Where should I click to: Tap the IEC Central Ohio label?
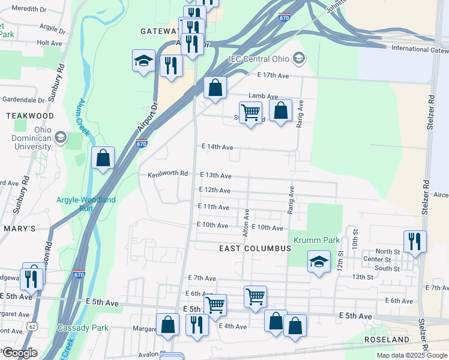pos(259,59)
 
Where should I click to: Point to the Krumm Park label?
pos(316,241)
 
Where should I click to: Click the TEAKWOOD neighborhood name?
pos(29,115)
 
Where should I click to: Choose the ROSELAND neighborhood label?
pos(386,340)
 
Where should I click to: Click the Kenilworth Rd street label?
pos(168,174)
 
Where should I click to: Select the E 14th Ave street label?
pos(217,146)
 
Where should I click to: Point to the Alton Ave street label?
pos(246,222)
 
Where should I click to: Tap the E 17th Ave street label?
pos(273,75)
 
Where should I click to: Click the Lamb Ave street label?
pos(264,96)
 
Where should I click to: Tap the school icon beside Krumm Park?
pos(319,262)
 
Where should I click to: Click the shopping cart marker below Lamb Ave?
pos(250,112)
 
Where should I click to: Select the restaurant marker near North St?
pos(414,241)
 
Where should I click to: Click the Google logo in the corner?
pos(20,352)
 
